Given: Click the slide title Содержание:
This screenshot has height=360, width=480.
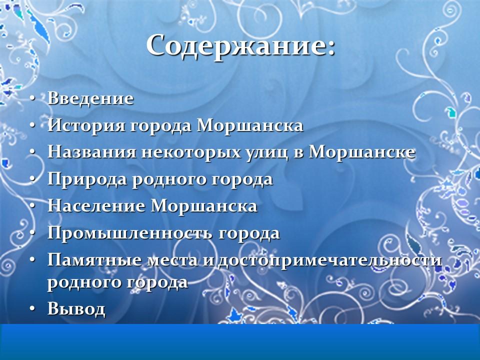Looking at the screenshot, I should pos(240,46).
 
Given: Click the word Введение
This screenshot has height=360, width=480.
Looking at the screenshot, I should pos(90,98).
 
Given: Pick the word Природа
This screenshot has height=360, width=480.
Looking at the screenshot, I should pos(87,179).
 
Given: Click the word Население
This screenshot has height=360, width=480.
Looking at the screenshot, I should pos(96,206).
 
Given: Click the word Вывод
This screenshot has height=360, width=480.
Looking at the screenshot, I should pos(76,309).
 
